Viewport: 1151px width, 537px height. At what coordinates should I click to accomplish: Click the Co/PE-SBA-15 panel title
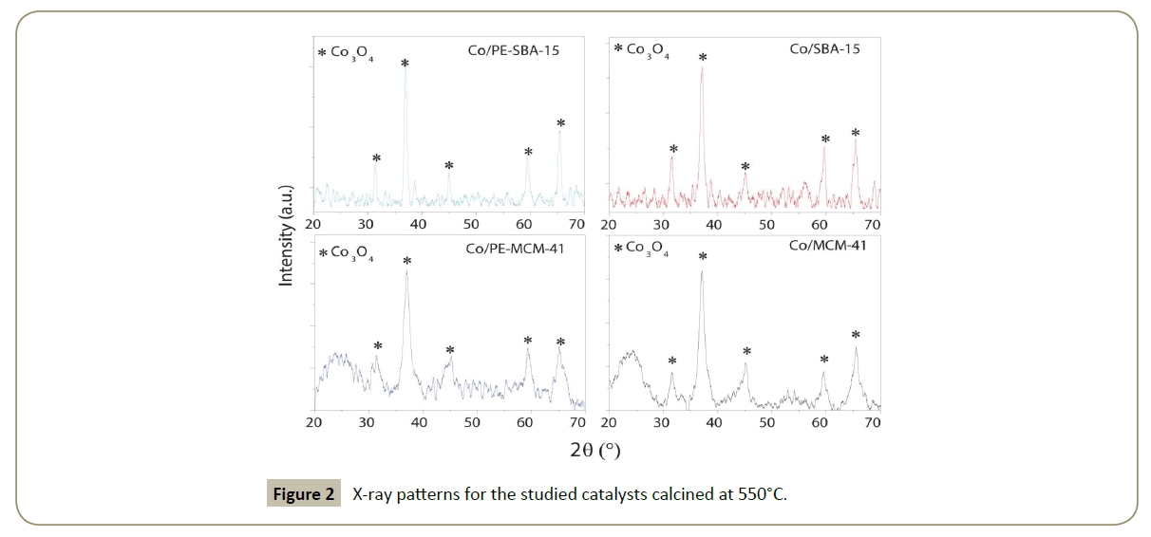point(512,51)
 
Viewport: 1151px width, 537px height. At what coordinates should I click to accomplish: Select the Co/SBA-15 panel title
point(824,48)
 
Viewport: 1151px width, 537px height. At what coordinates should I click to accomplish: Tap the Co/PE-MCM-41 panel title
point(512,249)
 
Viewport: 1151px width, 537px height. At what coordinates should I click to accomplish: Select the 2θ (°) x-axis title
point(595,449)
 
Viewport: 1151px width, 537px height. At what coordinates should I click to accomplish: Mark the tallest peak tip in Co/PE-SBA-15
point(406,71)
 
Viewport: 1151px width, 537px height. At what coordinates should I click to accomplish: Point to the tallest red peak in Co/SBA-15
point(702,67)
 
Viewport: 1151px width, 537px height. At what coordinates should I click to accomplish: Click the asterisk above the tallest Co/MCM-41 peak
point(702,256)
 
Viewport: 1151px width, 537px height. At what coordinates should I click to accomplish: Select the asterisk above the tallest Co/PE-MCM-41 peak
point(407,261)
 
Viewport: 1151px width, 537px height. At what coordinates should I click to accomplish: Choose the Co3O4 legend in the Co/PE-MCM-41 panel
point(346,254)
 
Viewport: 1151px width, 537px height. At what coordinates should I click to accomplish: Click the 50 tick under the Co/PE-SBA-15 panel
point(471,225)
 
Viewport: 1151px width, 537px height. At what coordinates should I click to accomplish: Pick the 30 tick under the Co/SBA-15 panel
point(662,225)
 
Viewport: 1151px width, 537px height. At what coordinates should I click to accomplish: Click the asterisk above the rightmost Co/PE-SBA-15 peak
point(560,122)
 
